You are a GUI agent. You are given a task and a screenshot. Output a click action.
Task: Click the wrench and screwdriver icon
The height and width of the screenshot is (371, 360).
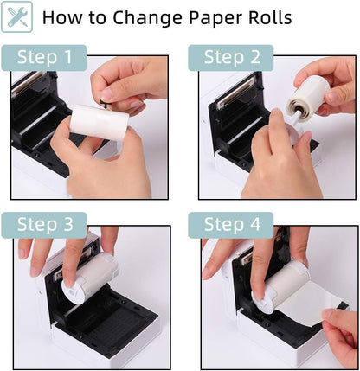pos(18,16)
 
